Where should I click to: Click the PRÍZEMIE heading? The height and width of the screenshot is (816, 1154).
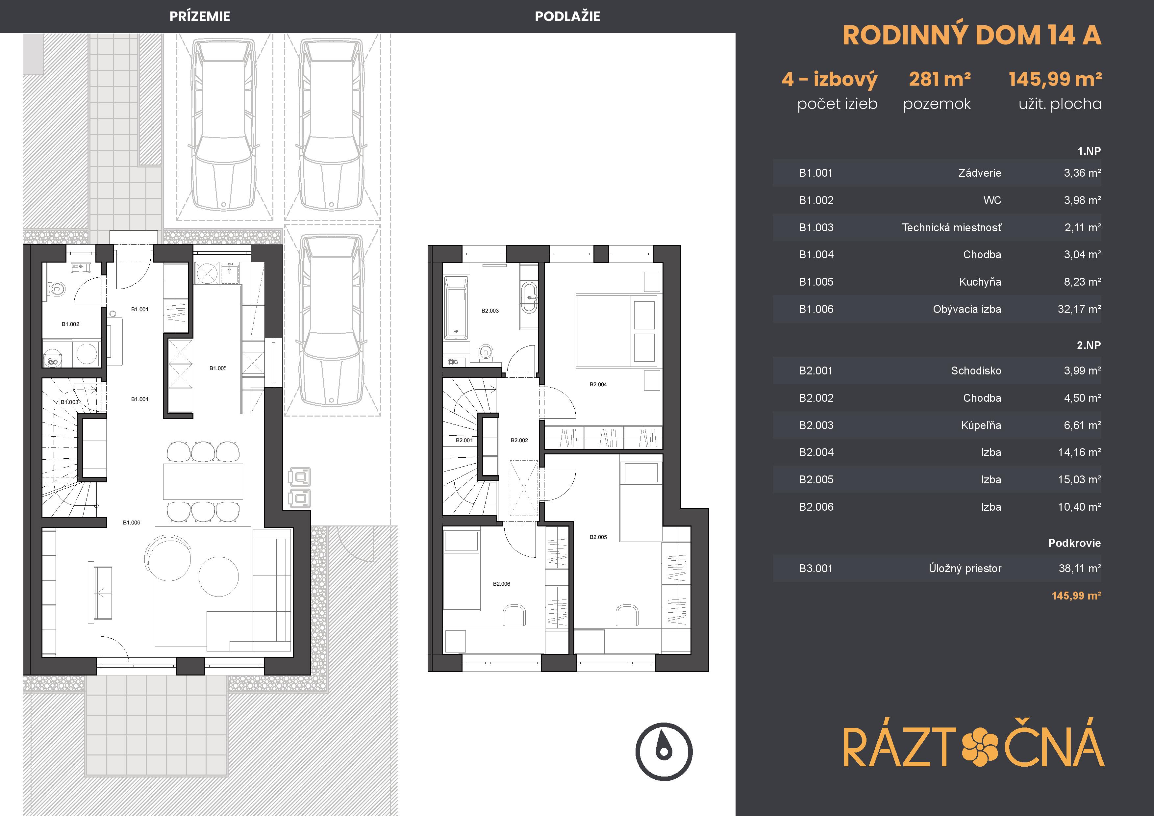click(200, 16)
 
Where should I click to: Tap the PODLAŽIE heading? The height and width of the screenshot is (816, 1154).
click(567, 16)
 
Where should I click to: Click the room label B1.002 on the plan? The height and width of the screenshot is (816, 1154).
click(70, 324)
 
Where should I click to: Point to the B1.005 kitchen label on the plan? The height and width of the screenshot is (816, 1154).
click(218, 369)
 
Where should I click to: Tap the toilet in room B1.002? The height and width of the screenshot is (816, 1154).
click(57, 290)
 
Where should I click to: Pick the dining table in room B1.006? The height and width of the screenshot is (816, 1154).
click(203, 481)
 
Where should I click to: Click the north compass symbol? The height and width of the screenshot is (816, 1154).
click(664, 752)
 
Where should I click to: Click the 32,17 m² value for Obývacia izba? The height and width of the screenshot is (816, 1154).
click(1079, 309)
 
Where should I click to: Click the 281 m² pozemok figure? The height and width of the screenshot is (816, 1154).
click(940, 79)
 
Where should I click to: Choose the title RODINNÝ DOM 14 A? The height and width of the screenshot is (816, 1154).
click(971, 35)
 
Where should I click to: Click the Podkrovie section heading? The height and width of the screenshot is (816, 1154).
click(1074, 543)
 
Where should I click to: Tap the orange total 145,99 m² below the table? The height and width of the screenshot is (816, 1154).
click(1076, 596)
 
